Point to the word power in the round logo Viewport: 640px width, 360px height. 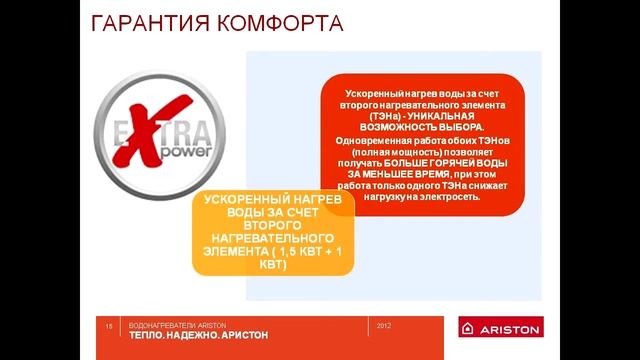pos(158,155)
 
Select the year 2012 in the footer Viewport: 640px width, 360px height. pos(386,326)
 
